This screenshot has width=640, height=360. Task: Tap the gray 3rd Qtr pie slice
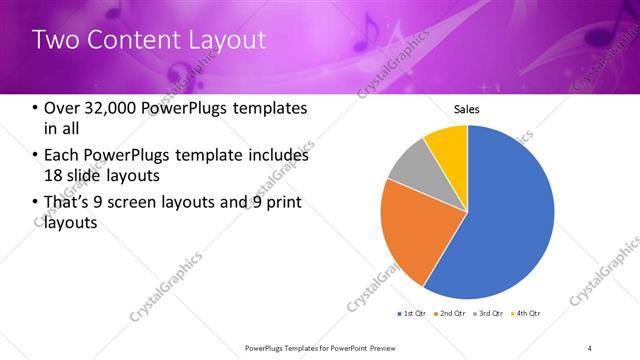(408, 171)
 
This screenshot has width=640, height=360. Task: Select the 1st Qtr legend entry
(411, 314)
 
